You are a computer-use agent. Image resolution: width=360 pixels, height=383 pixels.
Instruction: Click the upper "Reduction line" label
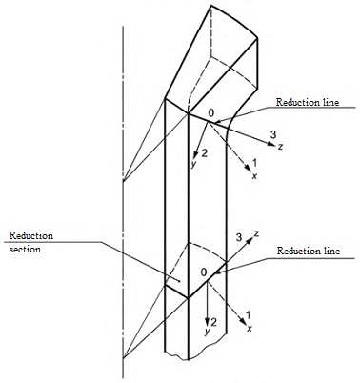click(x=308, y=102)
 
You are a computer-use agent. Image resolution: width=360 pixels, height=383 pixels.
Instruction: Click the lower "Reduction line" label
click(x=309, y=251)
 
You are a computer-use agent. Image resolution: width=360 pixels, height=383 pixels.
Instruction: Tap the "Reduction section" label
click(x=31, y=242)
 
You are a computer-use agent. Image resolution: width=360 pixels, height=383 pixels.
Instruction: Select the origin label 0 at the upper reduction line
click(x=211, y=112)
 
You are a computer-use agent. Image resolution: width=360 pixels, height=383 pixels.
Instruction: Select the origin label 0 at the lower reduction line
click(x=204, y=272)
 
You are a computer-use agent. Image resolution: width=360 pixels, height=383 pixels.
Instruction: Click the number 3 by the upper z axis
click(x=273, y=135)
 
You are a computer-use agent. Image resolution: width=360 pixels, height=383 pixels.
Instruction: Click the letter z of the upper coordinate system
click(x=280, y=147)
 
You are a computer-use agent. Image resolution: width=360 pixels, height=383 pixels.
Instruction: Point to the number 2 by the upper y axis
click(x=204, y=153)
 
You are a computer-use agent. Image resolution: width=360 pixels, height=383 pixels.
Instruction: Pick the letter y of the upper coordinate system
click(x=193, y=165)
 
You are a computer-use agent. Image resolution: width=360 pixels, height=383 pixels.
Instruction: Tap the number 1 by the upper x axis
click(x=254, y=163)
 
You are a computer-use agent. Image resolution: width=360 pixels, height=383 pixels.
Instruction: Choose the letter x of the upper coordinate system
click(x=254, y=175)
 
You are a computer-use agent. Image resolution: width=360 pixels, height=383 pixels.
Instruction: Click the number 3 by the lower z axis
click(x=240, y=238)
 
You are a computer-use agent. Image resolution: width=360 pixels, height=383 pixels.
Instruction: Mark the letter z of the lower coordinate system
click(x=257, y=234)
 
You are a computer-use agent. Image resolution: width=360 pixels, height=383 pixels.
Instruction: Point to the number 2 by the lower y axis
click(x=213, y=322)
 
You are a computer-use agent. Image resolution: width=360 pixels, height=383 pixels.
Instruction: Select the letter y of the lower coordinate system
click(x=208, y=332)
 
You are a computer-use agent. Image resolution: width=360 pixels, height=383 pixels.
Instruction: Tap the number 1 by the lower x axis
click(x=248, y=315)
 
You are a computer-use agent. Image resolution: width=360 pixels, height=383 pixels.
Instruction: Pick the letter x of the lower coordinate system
click(x=250, y=329)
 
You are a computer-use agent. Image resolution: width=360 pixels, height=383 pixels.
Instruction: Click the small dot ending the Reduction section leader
click(x=179, y=281)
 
